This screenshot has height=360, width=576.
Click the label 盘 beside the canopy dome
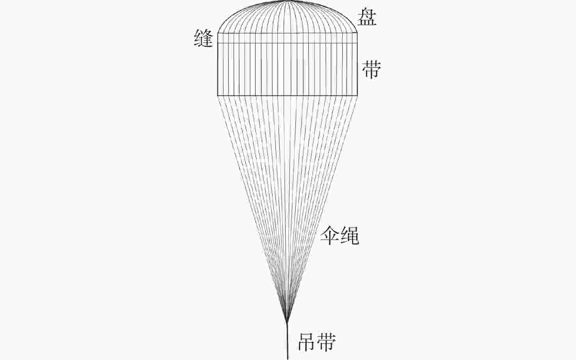[368, 17]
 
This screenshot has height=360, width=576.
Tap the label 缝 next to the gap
[204, 39]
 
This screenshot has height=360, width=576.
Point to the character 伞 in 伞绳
[330, 236]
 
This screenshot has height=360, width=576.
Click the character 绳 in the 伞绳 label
[350, 236]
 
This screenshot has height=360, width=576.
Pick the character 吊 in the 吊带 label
[307, 342]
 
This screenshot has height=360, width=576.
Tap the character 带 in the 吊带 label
[327, 342]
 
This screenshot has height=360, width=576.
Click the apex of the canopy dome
[288, 1]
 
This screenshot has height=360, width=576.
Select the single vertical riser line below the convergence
[288, 343]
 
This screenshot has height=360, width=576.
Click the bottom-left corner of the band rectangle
[218, 95]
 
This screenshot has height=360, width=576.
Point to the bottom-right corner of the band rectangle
[357, 95]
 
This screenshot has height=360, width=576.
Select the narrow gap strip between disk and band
[288, 38]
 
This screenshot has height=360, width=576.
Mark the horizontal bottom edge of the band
[288, 95]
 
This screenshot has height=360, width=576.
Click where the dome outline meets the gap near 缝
[218, 33]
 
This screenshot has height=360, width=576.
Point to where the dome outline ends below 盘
[357, 33]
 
